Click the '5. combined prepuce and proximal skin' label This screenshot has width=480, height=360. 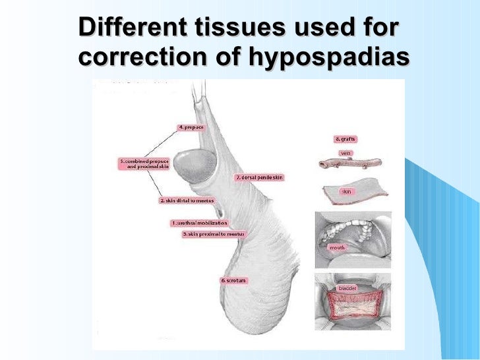[144, 164]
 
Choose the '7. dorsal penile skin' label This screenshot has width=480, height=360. [258, 177]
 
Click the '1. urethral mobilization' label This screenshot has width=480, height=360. [199, 223]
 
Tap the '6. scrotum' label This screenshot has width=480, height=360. [233, 280]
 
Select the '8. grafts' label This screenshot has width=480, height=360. [346, 139]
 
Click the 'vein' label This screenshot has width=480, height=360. [345, 153]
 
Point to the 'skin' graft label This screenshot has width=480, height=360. [345, 191]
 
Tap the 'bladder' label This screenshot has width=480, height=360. [347, 288]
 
